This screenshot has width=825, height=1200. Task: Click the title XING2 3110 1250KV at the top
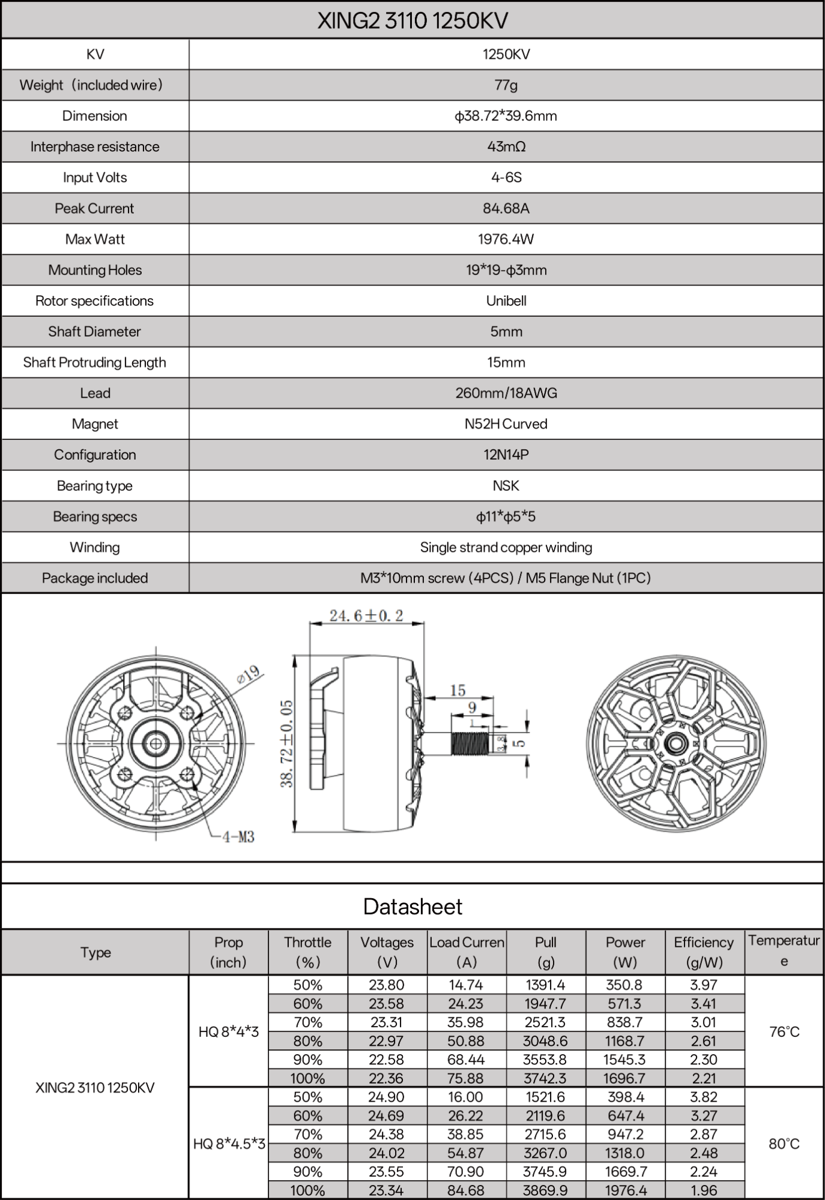tap(412, 21)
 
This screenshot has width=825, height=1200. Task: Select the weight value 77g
tap(506, 85)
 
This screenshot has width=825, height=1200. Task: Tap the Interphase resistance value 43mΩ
tap(506, 147)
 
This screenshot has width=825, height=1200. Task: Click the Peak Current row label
tap(94, 209)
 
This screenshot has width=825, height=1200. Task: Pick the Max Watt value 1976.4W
tap(506, 239)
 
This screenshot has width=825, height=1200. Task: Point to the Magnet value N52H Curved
tap(506, 424)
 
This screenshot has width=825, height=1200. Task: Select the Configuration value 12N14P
tap(506, 455)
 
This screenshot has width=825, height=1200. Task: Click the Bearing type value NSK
tap(506, 486)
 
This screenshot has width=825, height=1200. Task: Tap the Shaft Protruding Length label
tap(94, 362)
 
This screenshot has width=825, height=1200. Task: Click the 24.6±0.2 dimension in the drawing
tap(366, 616)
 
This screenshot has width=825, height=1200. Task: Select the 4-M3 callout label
tap(238, 836)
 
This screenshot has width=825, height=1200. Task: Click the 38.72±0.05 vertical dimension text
tap(288, 743)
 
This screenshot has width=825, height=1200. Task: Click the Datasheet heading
tap(412, 907)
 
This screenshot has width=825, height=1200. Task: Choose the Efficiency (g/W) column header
tap(704, 952)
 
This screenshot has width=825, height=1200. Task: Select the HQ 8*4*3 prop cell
tap(228, 1032)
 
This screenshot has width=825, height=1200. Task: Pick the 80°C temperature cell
tap(784, 1144)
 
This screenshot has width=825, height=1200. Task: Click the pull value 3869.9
tap(545, 1190)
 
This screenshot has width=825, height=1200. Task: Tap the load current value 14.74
tap(466, 985)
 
